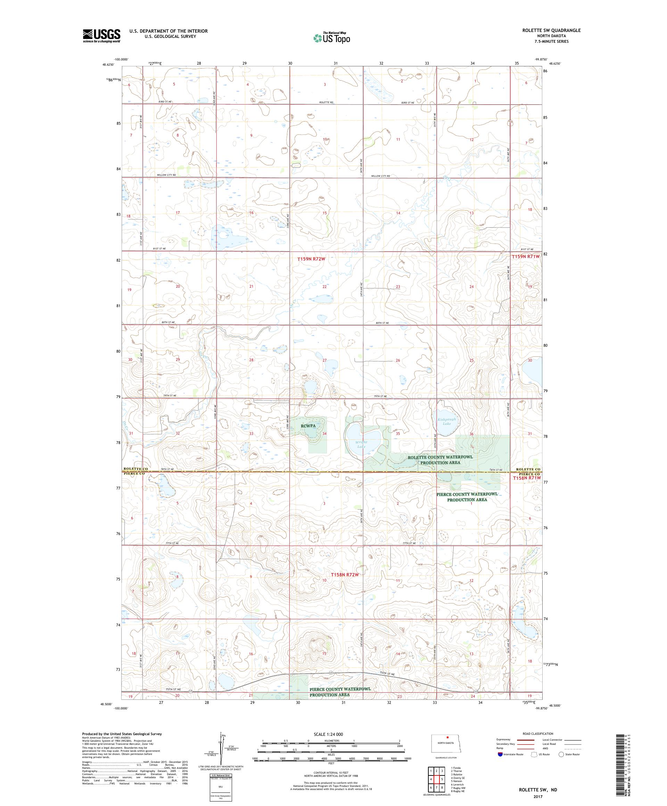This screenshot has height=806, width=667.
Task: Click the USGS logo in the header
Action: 101,36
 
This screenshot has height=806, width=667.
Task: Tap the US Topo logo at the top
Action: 332,37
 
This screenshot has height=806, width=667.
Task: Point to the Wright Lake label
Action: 361,444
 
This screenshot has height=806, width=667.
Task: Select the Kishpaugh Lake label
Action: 446,421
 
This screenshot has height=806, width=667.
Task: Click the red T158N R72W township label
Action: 345,575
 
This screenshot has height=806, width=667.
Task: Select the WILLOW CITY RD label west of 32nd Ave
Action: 166,175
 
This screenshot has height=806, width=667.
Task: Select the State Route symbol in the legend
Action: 561,755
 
